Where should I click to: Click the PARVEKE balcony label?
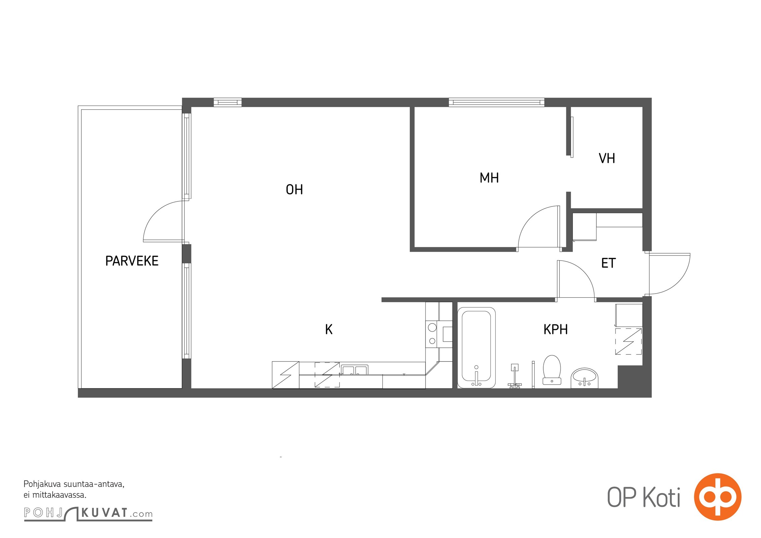132,261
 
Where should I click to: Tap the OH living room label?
294,190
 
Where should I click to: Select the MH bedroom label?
489,178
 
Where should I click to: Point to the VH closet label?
607,158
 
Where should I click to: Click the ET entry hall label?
608,263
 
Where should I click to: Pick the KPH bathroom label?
555,330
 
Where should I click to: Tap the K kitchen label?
329,330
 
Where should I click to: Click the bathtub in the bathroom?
476,348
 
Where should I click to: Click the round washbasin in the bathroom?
584,378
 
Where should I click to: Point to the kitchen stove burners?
432,334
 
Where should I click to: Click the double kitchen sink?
354,370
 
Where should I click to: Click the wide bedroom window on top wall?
497,102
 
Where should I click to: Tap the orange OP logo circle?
718,497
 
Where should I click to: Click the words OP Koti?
644,497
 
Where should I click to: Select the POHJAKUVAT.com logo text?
88,513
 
